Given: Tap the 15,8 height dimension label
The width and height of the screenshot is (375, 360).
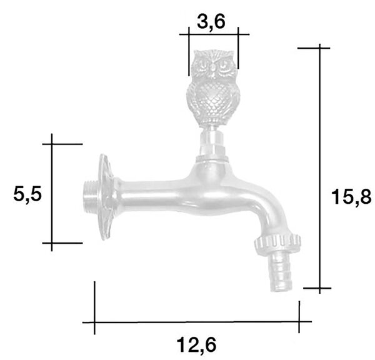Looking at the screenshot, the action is [x=351, y=197].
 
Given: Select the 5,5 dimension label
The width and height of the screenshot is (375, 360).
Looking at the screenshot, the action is [x=27, y=194].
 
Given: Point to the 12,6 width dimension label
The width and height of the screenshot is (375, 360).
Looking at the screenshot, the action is [x=196, y=345].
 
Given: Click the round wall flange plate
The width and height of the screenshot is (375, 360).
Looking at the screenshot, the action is [x=106, y=197].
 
